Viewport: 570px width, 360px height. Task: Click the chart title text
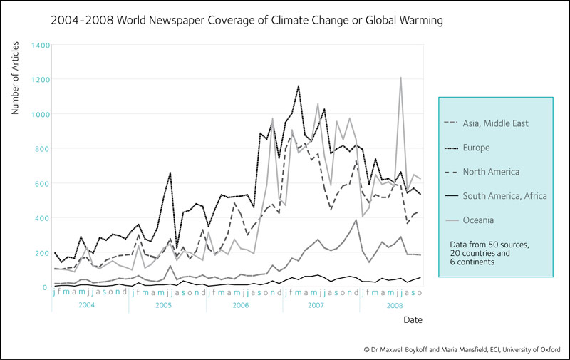click(247, 21)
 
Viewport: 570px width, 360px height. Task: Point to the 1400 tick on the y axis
click(39, 45)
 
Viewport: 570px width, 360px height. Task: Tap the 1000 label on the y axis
click(39, 114)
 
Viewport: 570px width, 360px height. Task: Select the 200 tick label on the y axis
click(41, 253)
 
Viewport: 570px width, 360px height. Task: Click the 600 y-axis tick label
click(41, 184)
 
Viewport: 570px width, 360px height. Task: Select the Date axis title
click(414, 320)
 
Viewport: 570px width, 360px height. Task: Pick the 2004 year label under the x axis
click(87, 304)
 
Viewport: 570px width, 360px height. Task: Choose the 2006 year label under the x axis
click(241, 304)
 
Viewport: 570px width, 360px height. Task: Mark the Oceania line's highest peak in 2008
click(400, 78)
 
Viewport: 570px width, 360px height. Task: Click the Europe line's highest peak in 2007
click(298, 86)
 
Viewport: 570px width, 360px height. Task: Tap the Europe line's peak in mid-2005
click(170, 173)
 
